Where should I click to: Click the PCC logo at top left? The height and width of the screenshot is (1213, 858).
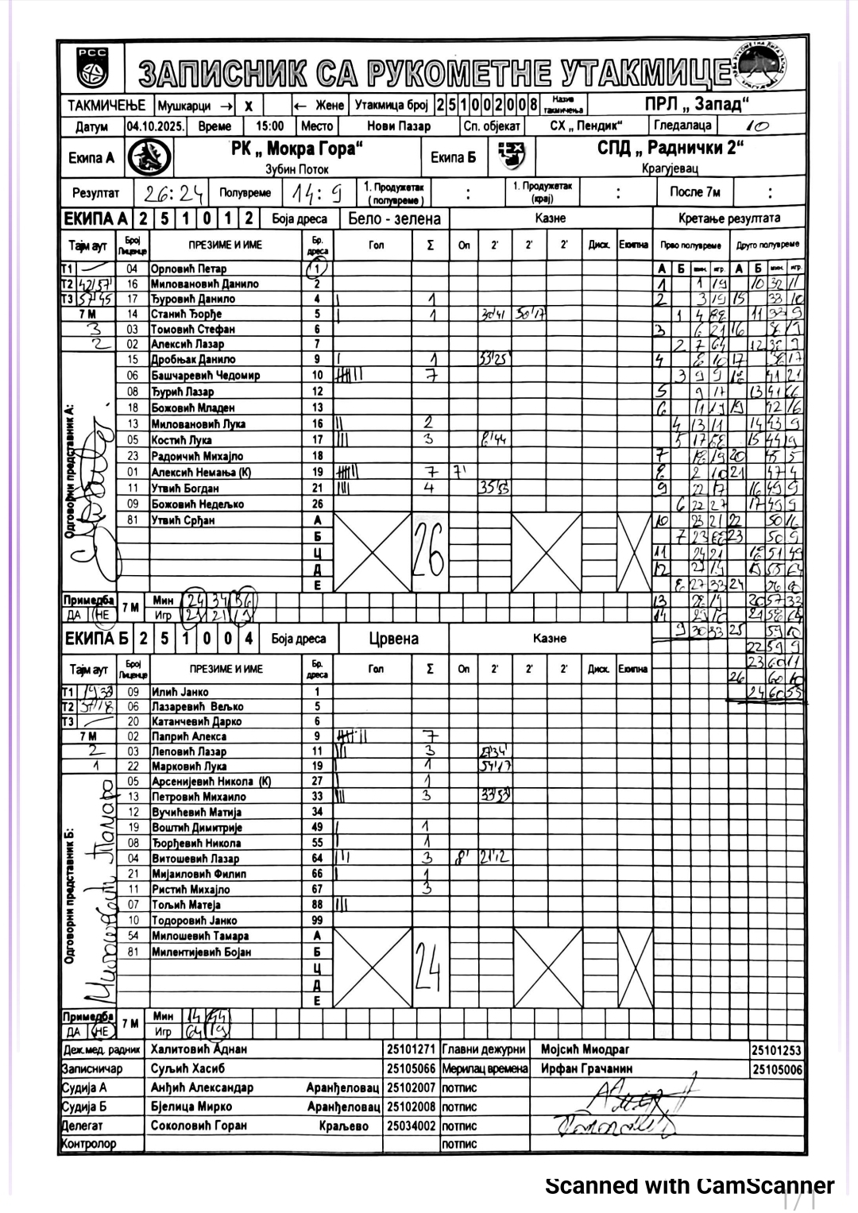(x=91, y=67)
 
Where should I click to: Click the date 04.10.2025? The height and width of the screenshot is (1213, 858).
(x=155, y=126)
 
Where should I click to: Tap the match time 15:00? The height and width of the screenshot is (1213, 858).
(x=269, y=126)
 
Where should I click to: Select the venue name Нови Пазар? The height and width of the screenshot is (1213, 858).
(x=398, y=126)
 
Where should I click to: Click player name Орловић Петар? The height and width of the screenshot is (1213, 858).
(x=188, y=269)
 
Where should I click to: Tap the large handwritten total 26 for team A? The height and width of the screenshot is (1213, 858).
(x=429, y=553)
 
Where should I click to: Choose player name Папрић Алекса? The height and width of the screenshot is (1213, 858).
(x=189, y=736)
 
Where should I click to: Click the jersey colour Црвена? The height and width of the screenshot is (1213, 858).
(x=393, y=639)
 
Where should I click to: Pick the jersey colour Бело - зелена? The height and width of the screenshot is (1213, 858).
(x=394, y=218)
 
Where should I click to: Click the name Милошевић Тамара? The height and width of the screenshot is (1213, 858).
(x=200, y=936)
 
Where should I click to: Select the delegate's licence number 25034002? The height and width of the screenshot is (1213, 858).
(x=411, y=1126)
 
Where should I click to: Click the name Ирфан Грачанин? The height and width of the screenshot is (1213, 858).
(x=586, y=1069)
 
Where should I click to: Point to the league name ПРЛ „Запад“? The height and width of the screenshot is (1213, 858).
(x=697, y=104)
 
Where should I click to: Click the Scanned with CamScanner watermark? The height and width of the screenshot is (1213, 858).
(x=689, y=1186)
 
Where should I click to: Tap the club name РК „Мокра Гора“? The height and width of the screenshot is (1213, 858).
(x=297, y=149)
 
